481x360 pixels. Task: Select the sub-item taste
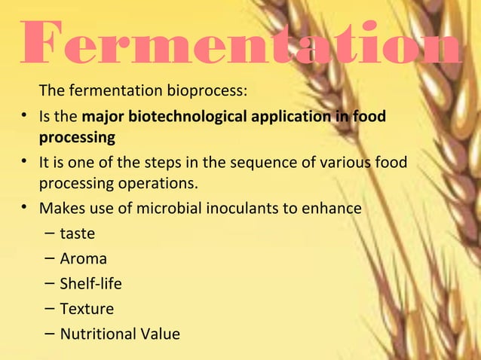pyautogui.click(x=77, y=234)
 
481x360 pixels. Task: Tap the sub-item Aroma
pyautogui.click(x=83, y=259)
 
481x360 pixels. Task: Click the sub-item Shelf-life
pyautogui.click(x=90, y=284)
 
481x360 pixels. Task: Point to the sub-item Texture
pyautogui.click(x=87, y=309)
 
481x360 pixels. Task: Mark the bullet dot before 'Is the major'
pyautogui.click(x=26, y=118)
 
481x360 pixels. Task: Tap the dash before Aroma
pyautogui.click(x=48, y=259)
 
